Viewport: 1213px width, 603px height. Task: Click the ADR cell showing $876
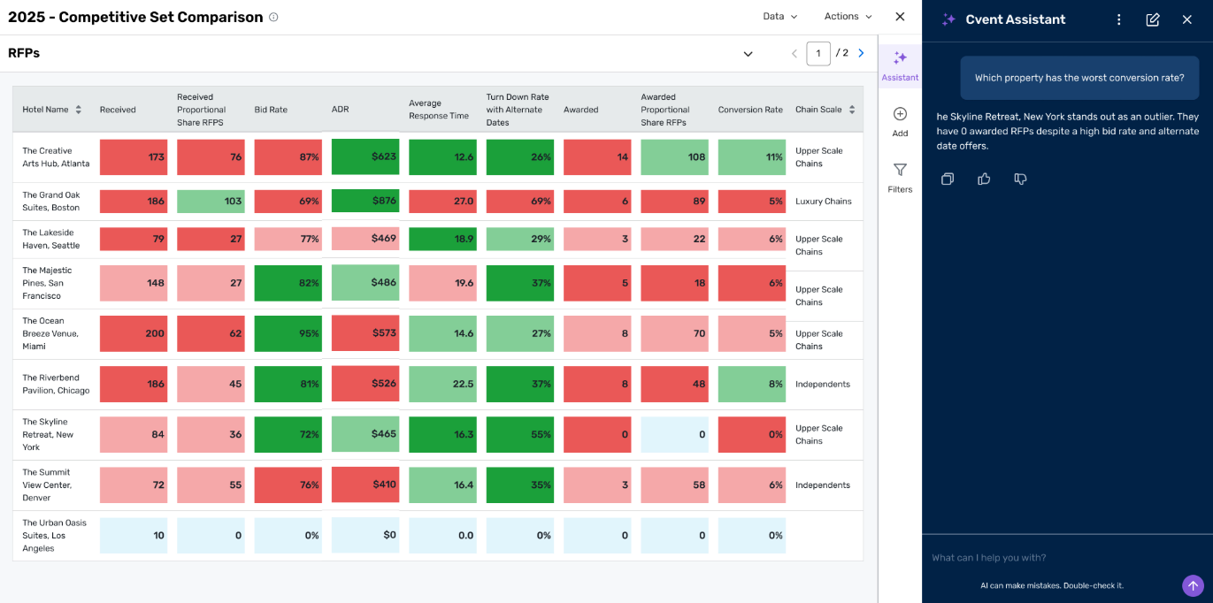pos(365,201)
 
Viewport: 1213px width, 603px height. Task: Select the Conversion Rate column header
pos(750,110)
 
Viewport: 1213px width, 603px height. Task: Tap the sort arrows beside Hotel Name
pos(79,110)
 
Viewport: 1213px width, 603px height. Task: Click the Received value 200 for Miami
pos(134,333)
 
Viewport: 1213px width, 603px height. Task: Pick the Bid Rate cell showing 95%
pos(288,333)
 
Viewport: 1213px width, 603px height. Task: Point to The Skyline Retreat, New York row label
pos(48,434)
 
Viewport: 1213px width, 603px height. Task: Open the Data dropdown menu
pos(779,16)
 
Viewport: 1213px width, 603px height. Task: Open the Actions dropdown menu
pos(848,16)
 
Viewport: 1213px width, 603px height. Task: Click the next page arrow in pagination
pos(861,53)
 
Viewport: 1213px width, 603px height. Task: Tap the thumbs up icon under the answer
pos(984,179)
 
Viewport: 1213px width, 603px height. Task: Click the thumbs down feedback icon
pos(1020,179)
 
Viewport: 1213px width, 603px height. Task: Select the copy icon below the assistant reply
pos(948,179)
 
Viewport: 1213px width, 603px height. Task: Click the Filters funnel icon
pos(900,170)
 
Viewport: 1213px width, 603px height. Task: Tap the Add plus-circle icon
pos(900,114)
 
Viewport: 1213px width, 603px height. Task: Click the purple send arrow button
pos(1193,585)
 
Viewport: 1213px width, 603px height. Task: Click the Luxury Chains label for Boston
pos(823,201)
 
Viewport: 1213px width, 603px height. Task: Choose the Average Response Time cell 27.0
pos(442,202)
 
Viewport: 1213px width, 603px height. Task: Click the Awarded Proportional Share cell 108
pos(674,157)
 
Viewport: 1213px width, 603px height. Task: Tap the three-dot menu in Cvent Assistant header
pos(1119,19)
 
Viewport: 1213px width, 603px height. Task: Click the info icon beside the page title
pos(273,18)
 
